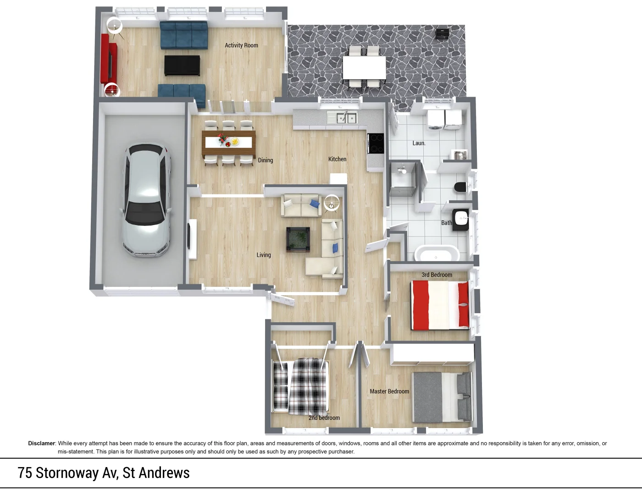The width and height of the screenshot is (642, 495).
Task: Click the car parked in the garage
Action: (x=146, y=200)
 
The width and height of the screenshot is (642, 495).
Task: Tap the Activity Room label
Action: (x=241, y=45)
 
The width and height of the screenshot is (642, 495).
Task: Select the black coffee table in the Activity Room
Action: (x=182, y=66)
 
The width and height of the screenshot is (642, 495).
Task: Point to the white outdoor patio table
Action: (x=365, y=67)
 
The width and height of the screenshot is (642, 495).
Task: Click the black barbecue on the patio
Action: (x=442, y=34)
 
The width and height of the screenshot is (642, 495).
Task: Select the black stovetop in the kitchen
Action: (x=376, y=143)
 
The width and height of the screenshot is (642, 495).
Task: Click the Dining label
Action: (x=265, y=160)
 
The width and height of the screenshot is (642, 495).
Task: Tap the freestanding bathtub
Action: (x=436, y=253)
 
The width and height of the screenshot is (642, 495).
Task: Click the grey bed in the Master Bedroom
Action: (x=442, y=397)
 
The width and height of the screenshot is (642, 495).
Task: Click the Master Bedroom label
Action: (x=389, y=391)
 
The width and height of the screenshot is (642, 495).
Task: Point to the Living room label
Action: (x=264, y=255)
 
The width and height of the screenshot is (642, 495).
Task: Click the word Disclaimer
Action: (x=42, y=443)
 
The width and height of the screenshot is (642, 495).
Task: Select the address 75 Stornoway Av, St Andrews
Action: (x=104, y=473)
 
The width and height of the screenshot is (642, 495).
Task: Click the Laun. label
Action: (x=419, y=143)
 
